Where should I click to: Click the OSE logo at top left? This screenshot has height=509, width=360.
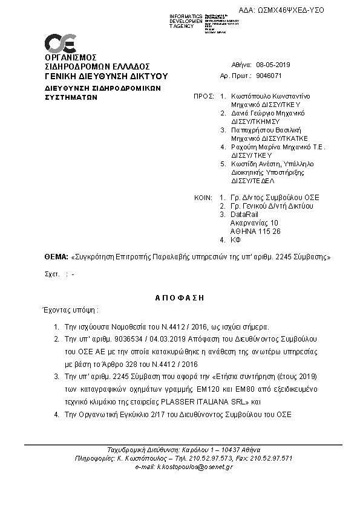point(59,44)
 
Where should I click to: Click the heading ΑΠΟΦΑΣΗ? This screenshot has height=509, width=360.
point(181,297)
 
